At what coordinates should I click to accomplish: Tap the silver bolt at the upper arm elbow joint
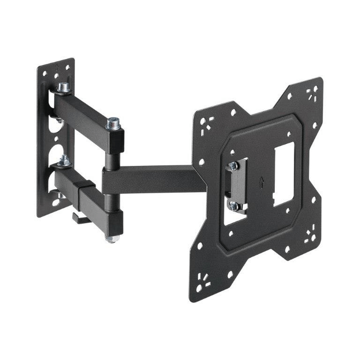click(112, 123)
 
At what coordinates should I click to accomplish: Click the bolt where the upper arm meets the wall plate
click(63, 88)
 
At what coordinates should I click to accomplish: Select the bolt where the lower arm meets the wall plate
click(64, 161)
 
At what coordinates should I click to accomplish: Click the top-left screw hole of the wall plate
click(45, 73)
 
